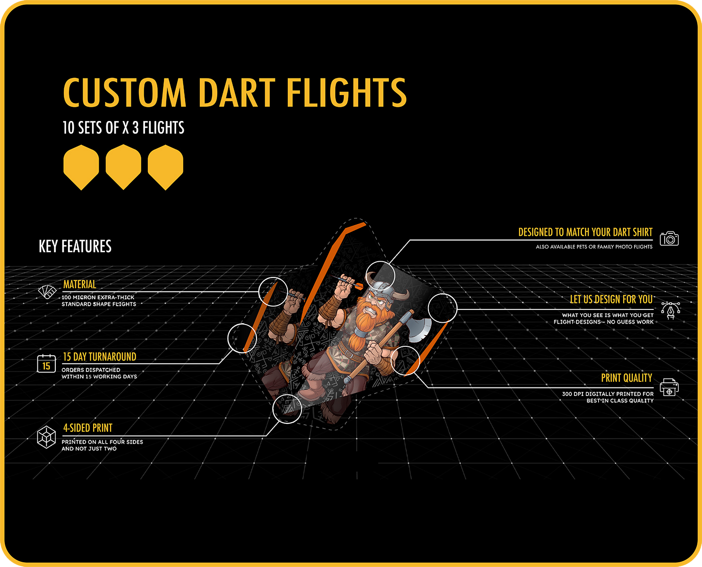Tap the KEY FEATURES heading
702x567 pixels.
point(75,246)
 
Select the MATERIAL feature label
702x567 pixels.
point(79,284)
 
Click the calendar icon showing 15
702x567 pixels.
point(46,363)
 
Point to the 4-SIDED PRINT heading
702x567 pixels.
point(88,428)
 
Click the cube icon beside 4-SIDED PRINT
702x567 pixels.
point(46,437)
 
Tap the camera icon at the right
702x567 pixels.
point(669,239)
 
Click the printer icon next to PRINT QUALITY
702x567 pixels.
point(669,387)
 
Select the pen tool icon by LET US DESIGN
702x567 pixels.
point(670,310)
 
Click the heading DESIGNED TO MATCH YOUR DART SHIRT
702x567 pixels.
point(585,232)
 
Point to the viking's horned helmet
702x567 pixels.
point(385,288)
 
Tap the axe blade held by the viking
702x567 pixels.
point(419,329)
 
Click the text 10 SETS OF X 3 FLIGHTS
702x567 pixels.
point(123,128)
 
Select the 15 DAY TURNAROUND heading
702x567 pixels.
point(100,357)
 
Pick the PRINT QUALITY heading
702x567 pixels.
point(626,378)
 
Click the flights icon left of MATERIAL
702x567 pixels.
point(47,292)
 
